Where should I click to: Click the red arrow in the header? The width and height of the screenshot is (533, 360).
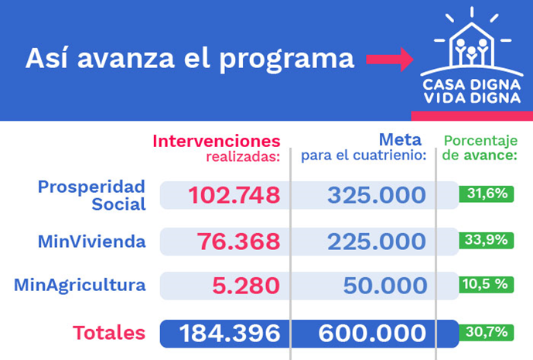click(x=390, y=59)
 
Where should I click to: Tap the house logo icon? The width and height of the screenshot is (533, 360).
click(x=472, y=42)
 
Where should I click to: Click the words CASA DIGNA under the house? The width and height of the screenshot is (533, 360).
click(x=472, y=84)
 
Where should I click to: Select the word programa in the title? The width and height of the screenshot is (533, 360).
click(x=286, y=60)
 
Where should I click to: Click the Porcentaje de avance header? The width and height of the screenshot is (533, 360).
click(x=480, y=148)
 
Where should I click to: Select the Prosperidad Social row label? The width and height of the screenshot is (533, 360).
click(x=92, y=195)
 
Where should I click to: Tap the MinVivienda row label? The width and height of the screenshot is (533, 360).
click(x=92, y=242)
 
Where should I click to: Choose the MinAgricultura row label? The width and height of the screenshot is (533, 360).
click(x=80, y=285)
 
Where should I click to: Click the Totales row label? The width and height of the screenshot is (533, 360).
click(x=109, y=333)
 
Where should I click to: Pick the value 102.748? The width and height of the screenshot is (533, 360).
click(x=234, y=195)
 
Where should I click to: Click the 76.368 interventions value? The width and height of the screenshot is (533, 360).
click(x=238, y=242)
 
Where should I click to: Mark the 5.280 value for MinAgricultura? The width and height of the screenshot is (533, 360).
click(x=246, y=286)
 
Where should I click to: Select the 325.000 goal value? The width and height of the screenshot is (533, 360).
click(x=377, y=195)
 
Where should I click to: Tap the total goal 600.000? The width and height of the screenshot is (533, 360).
click(x=372, y=334)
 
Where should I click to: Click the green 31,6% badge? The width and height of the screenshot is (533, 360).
click(x=487, y=194)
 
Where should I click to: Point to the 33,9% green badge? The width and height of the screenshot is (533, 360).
click(x=487, y=240)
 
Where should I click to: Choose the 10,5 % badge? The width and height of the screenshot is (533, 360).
click(x=487, y=284)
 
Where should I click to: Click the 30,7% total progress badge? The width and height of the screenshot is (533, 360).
click(x=487, y=332)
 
